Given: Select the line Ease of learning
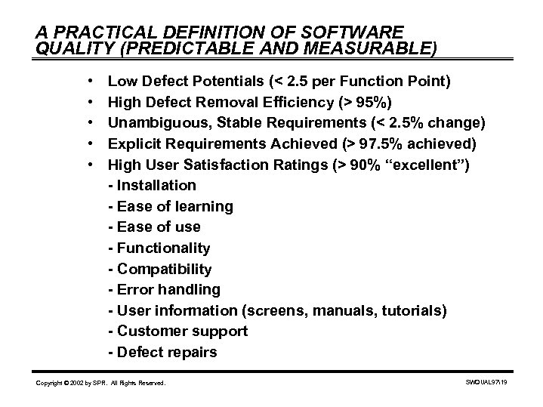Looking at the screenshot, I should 171,206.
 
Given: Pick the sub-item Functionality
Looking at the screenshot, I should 159,248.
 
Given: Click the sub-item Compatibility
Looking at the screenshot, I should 160,270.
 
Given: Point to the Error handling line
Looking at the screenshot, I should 165,290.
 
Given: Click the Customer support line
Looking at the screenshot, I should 178,331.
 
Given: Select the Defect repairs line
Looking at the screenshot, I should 162,353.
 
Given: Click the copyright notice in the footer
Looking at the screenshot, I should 100,384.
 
